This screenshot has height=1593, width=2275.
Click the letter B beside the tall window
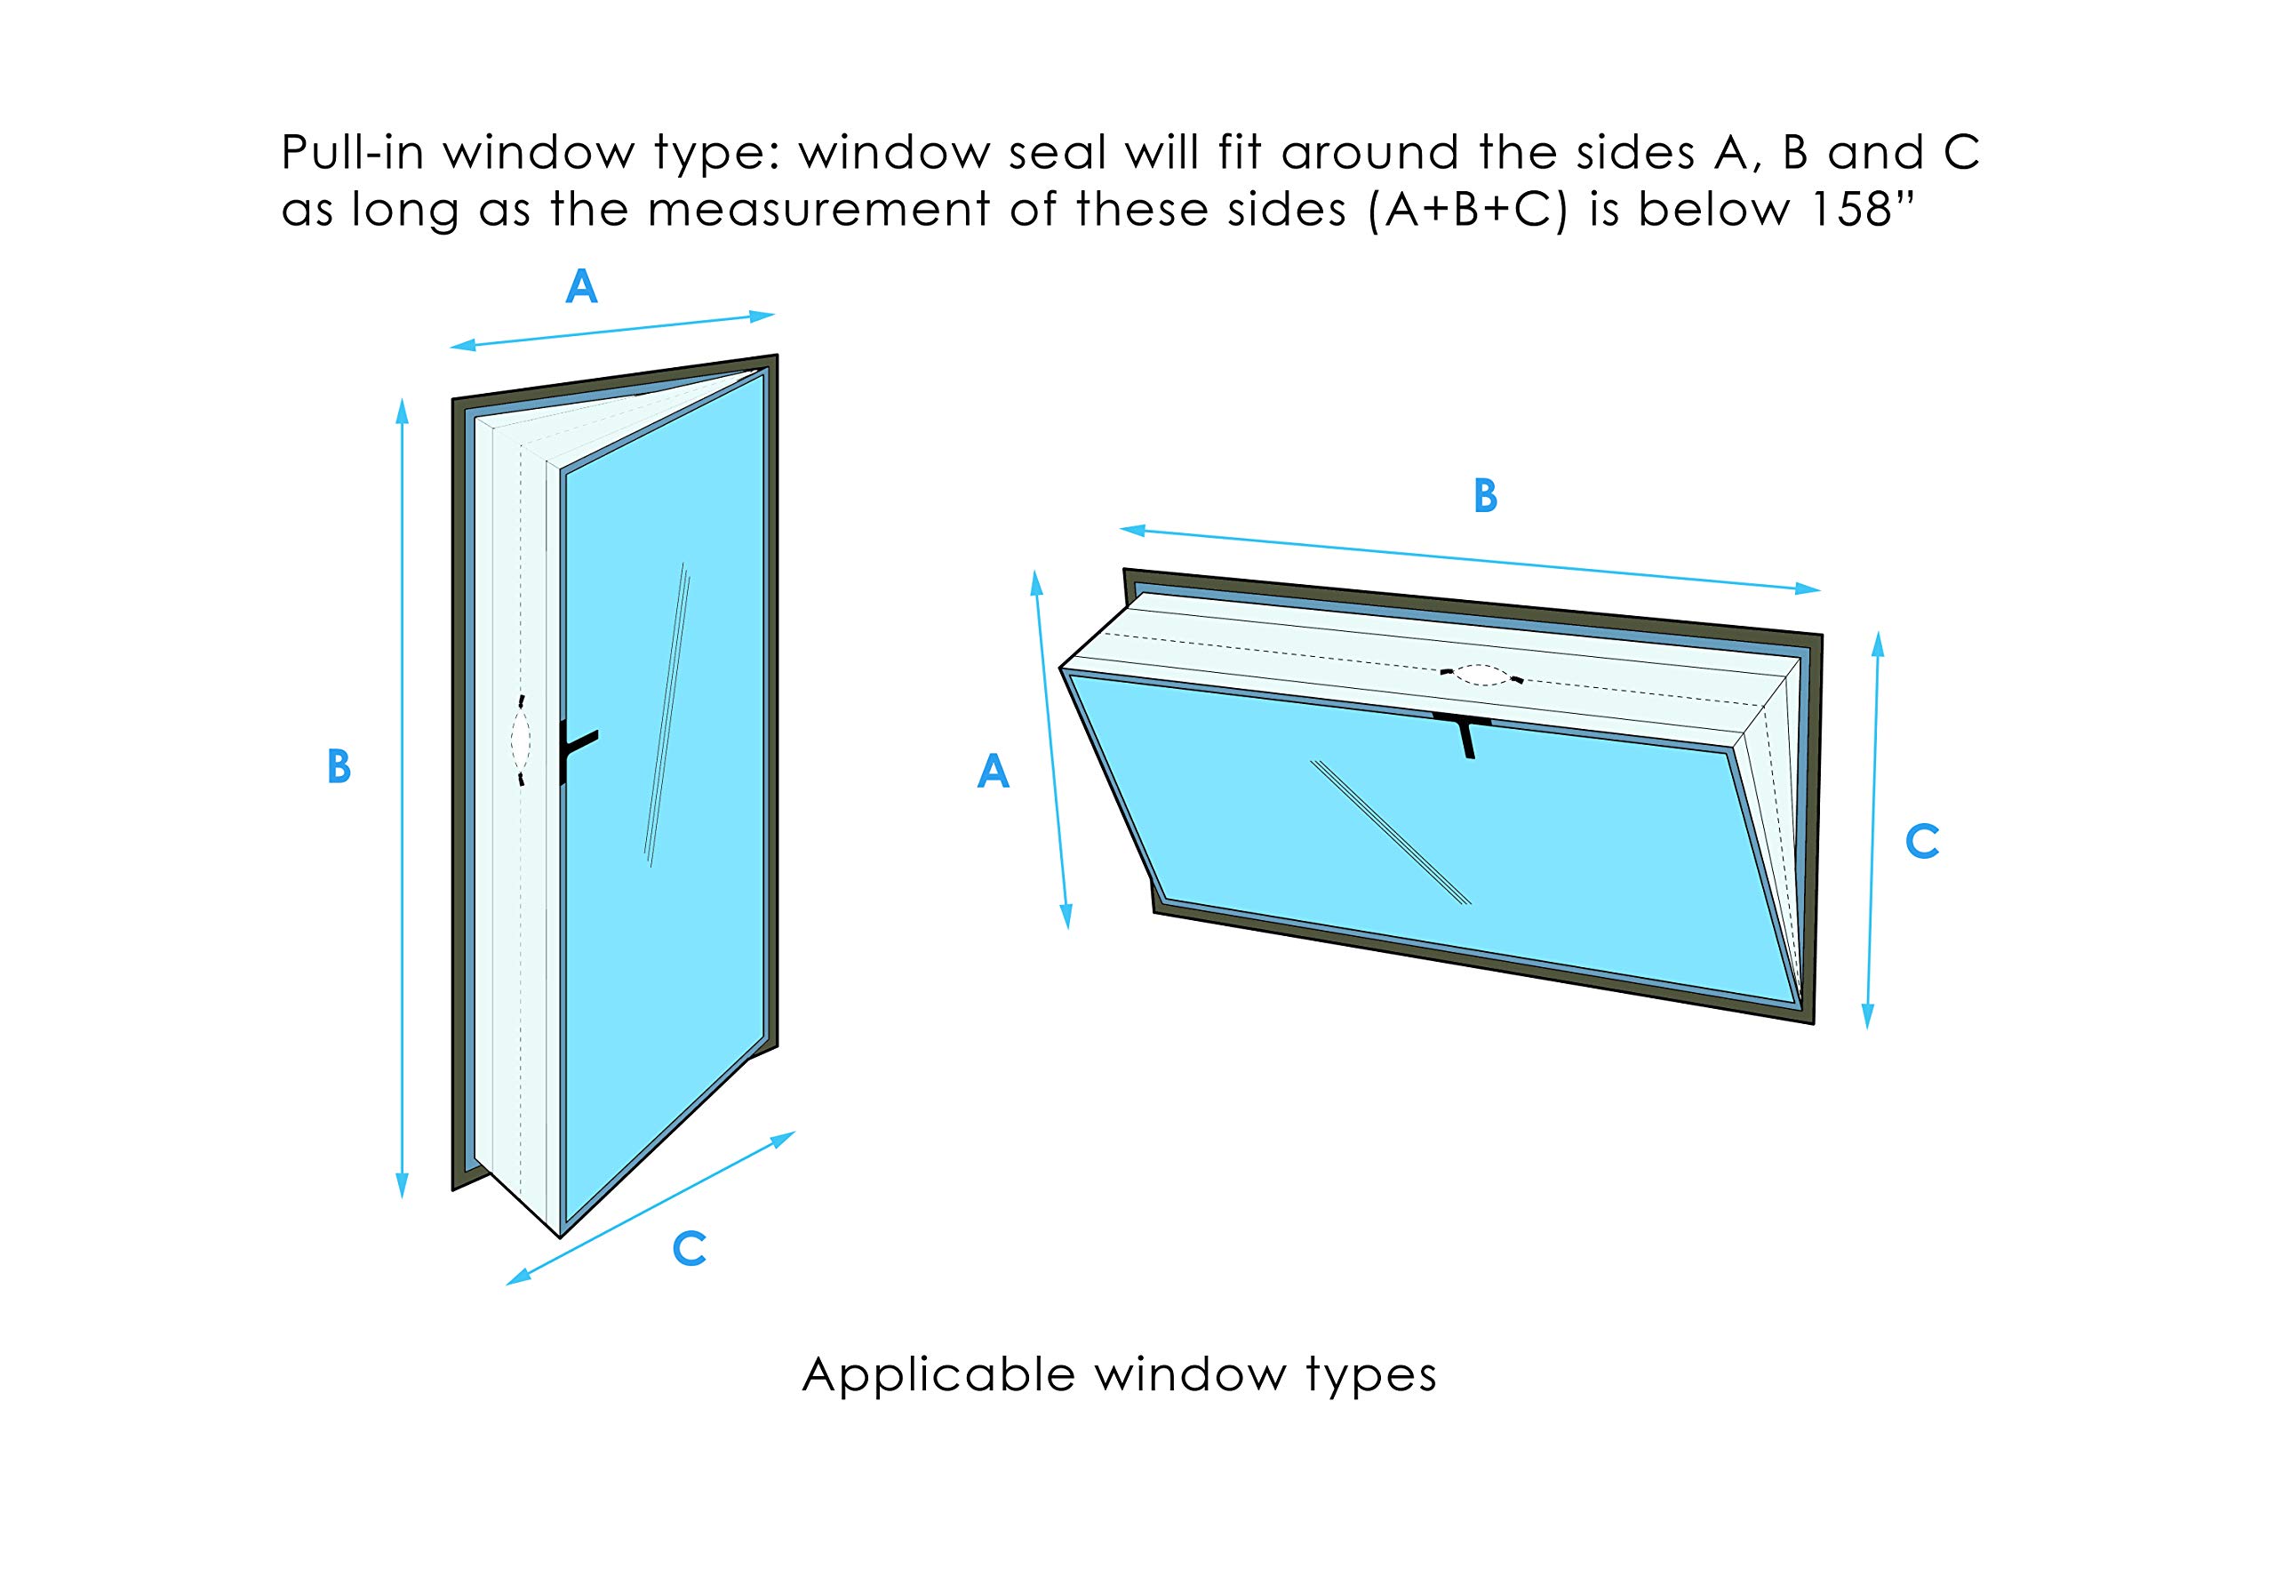coord(339,767)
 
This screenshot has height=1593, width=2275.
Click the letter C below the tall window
coord(689,1249)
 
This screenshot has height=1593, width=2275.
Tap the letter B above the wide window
coord(1484,497)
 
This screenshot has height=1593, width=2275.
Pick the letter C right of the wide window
coord(1922,842)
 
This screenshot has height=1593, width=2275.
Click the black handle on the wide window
coord(1464,732)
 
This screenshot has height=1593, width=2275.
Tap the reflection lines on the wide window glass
coord(1391,832)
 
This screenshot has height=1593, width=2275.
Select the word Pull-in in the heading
coord(353,153)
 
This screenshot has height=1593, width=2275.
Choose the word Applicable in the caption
coord(938,1375)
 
